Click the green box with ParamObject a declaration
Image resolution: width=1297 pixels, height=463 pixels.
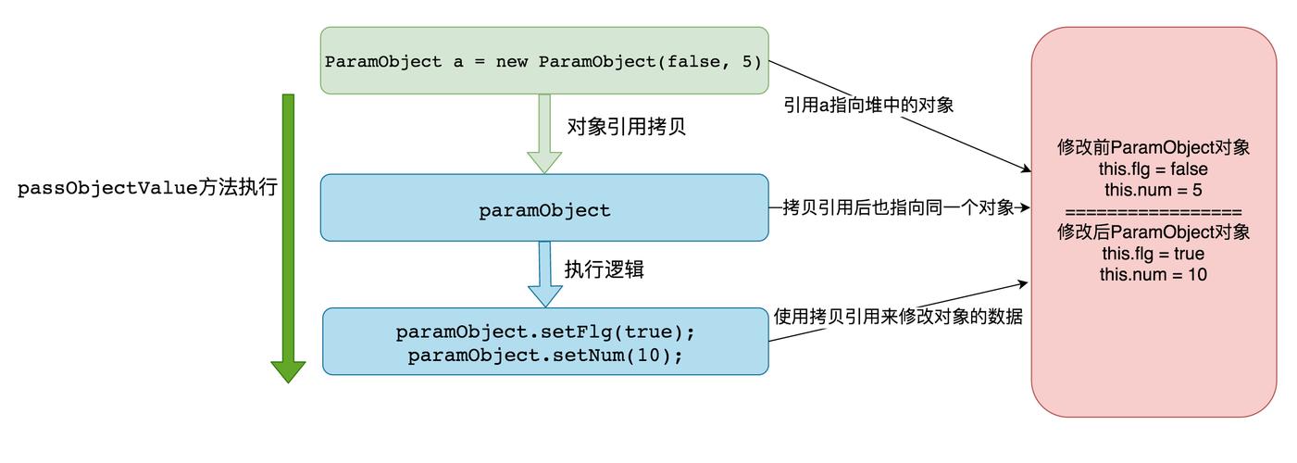tap(544, 61)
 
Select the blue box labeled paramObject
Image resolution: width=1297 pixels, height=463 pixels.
tap(544, 210)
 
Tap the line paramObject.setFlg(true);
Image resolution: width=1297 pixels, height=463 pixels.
tap(544, 332)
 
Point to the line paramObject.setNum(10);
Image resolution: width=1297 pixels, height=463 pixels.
tap(544, 355)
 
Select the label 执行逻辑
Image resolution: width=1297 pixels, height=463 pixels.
tap(605, 269)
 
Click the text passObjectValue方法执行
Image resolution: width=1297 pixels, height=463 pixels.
tap(148, 188)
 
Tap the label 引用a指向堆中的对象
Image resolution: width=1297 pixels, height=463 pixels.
tap(868, 105)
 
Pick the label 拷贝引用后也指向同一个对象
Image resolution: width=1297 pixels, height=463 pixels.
tap(898, 207)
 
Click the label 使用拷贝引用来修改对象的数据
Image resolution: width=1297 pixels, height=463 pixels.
tap(897, 317)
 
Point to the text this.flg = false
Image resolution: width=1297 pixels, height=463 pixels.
tap(1154, 169)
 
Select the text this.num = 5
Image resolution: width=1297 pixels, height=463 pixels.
tap(1154, 190)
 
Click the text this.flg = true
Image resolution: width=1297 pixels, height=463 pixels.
tap(1154, 253)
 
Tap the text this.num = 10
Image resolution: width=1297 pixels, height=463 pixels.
tap(1154, 274)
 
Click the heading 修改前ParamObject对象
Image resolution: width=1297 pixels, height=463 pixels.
tap(1154, 148)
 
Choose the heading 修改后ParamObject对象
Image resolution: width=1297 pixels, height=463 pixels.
tap(1154, 231)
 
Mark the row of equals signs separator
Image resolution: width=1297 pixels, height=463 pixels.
tap(1154, 211)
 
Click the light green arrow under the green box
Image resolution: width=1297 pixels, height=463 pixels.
tap(544, 134)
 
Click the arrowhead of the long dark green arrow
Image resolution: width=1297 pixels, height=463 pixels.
tap(288, 370)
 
